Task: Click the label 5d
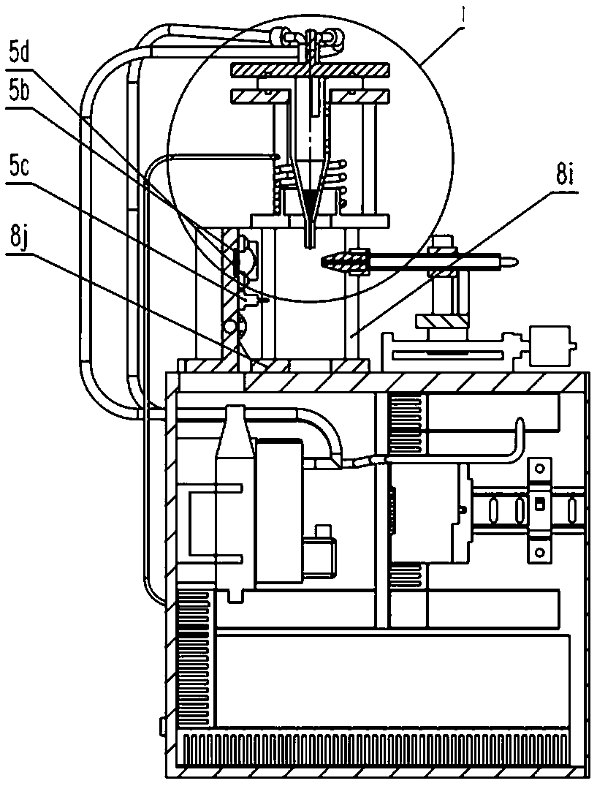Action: pyautogui.click(x=20, y=52)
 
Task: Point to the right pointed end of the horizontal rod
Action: pyautogui.click(x=517, y=261)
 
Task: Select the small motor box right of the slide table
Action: pyautogui.click(x=550, y=346)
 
